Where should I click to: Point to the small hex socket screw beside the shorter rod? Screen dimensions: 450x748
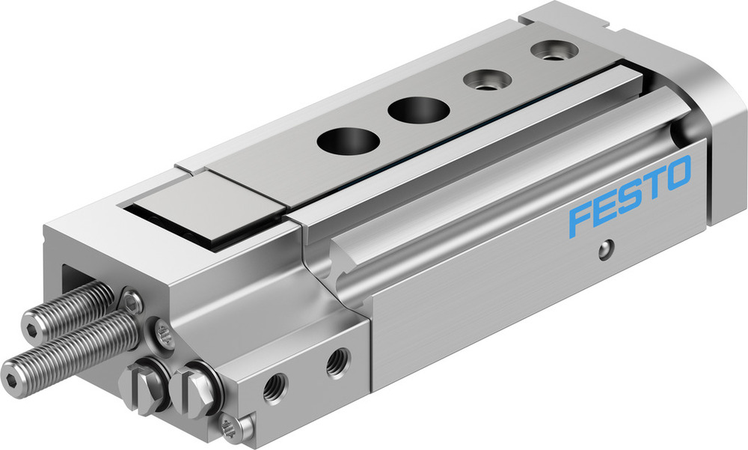point(133,302)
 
